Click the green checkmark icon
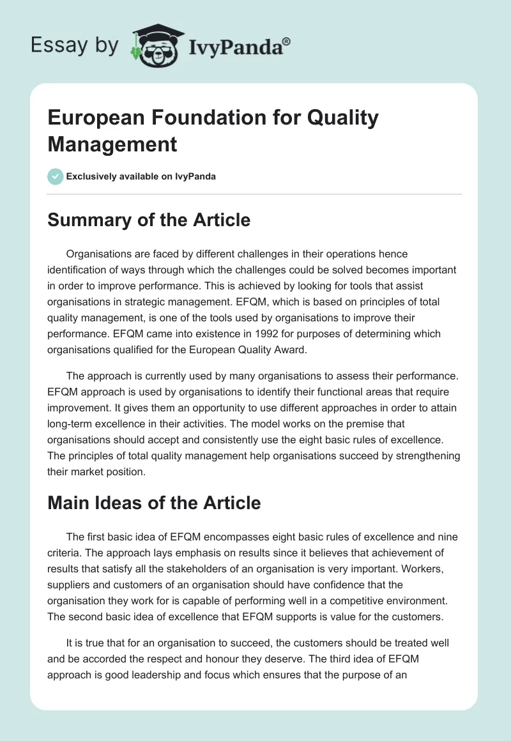56,176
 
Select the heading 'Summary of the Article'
149,220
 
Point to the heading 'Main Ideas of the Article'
154,503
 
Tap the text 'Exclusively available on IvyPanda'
141,177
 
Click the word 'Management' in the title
112,144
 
